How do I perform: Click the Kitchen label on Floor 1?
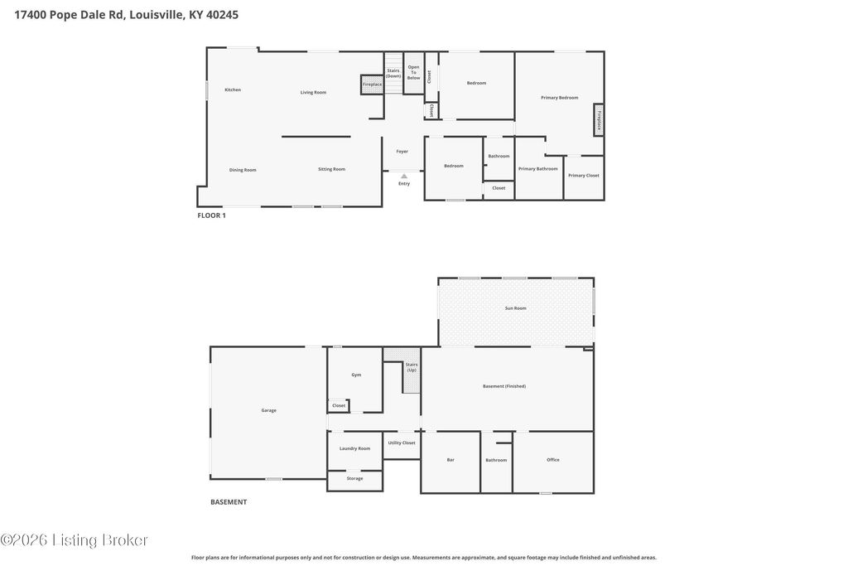click(x=233, y=89)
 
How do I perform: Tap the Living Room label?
click(x=313, y=93)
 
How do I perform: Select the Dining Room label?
click(x=243, y=170)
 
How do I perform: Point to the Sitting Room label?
click(x=331, y=169)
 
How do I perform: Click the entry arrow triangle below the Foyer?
click(x=404, y=177)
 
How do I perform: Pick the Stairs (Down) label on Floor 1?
click(x=393, y=74)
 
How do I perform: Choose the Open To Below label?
click(x=414, y=72)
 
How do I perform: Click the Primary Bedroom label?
click(x=559, y=98)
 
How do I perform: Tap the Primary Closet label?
click(x=584, y=176)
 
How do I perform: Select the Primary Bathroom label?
click(x=537, y=169)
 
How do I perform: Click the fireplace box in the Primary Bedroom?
click(x=598, y=119)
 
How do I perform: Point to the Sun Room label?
click(x=515, y=308)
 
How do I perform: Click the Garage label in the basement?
click(x=269, y=411)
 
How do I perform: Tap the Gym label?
click(x=356, y=375)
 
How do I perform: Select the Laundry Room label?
click(x=354, y=448)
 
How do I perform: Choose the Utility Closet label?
click(x=402, y=443)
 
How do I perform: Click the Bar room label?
click(x=450, y=460)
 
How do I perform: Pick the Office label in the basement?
click(x=552, y=460)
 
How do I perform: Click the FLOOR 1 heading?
click(x=211, y=215)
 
